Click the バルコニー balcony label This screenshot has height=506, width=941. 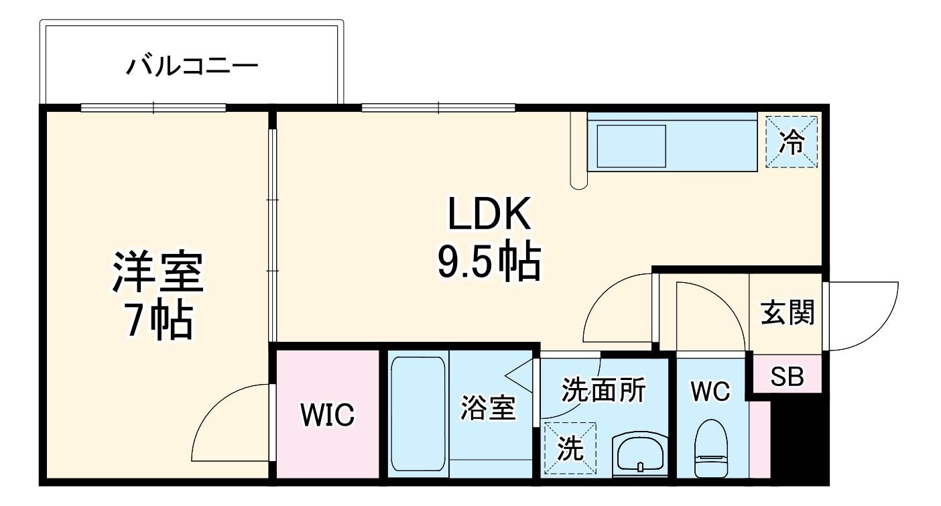click(x=192, y=66)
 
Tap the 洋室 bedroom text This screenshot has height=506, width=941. click(x=158, y=271)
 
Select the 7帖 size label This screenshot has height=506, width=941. click(x=160, y=319)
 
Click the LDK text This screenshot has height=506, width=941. click(x=489, y=214)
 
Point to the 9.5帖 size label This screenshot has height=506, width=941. click(x=489, y=261)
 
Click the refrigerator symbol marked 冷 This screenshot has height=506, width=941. click(x=792, y=142)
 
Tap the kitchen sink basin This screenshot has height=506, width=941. click(x=631, y=146)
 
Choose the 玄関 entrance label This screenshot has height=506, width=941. click(x=788, y=312)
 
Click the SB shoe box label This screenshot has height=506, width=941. click(x=787, y=376)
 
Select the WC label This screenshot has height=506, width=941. click(x=710, y=391)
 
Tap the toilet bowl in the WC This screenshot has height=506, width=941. click(x=711, y=448)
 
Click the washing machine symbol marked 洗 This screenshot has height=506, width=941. click(x=570, y=448)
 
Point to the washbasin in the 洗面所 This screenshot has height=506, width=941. click(x=640, y=456)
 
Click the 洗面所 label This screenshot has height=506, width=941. click(x=604, y=390)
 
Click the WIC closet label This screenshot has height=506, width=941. click(x=327, y=415)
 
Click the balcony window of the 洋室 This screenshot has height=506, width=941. click(x=153, y=108)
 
